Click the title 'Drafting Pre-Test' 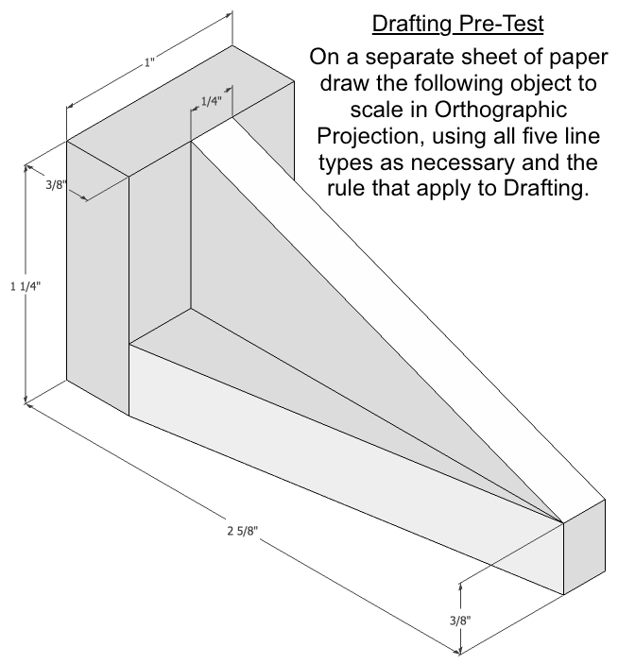440,22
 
